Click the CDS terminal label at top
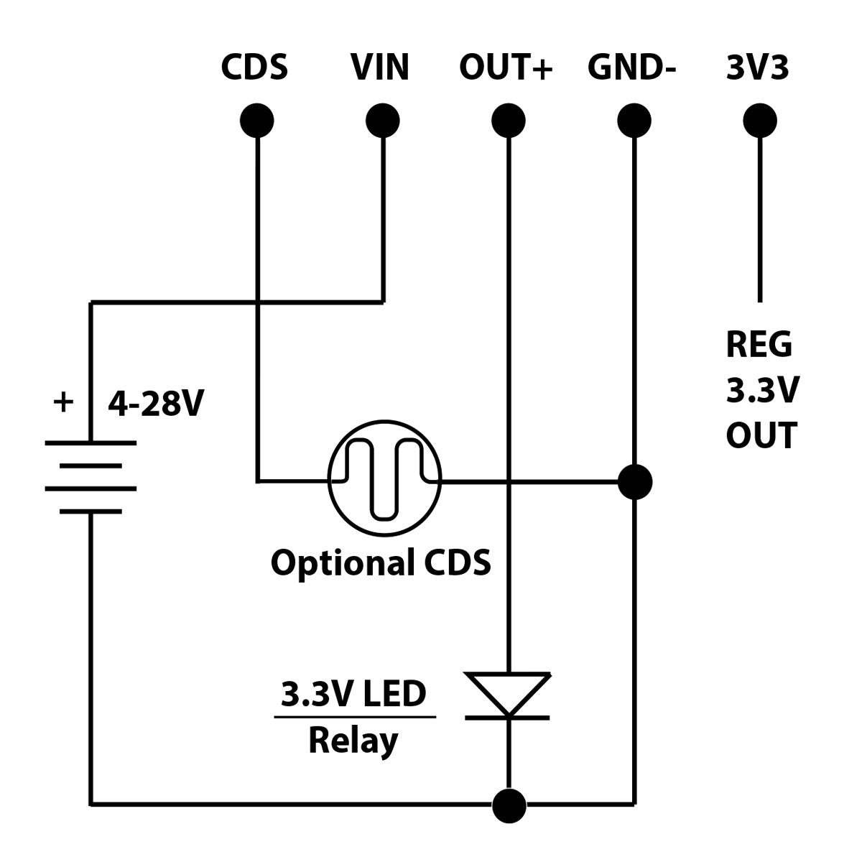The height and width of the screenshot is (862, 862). (x=254, y=68)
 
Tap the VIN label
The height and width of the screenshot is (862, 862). (x=380, y=68)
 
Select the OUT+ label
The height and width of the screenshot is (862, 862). (x=506, y=68)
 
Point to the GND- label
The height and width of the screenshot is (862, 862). (x=632, y=68)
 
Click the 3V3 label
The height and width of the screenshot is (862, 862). (x=758, y=68)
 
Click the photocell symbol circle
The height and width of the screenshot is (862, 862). (x=385, y=478)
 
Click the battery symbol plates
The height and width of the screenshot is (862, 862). (x=91, y=477)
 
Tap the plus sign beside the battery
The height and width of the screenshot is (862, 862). (x=63, y=402)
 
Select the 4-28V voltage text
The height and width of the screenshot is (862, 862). (x=156, y=405)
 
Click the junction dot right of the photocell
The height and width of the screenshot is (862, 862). (x=635, y=481)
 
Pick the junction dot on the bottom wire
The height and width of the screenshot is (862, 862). (x=510, y=805)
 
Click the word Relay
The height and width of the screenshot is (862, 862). (x=353, y=741)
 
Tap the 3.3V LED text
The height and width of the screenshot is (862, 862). (x=353, y=695)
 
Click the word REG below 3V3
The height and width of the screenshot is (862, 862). (x=759, y=345)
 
